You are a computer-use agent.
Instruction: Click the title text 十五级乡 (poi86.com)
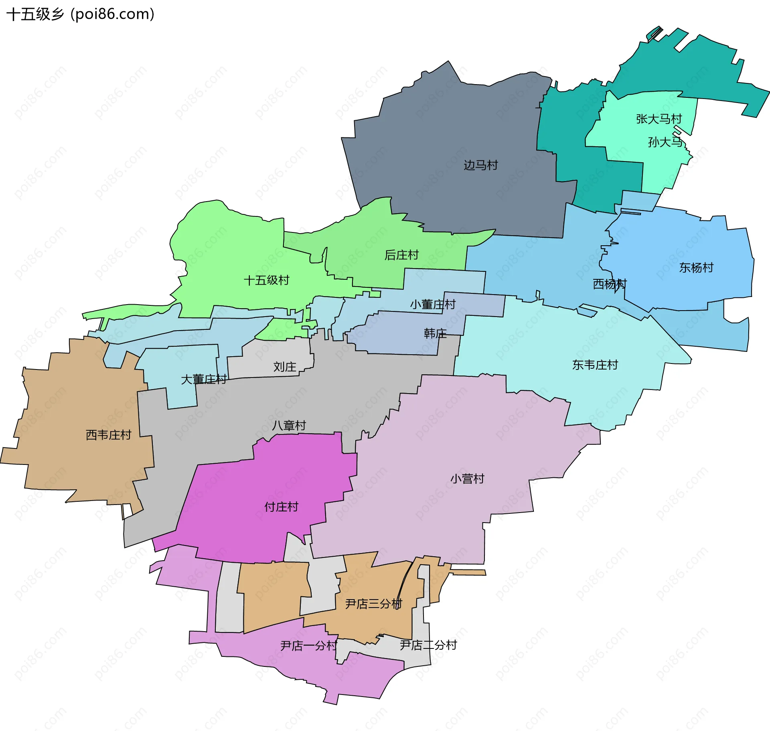click(80, 14)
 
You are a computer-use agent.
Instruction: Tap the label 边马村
click(480, 165)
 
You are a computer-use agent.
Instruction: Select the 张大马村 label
click(659, 119)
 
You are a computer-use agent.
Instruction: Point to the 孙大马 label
click(665, 142)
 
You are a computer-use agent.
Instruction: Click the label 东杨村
click(696, 268)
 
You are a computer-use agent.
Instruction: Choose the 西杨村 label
click(610, 284)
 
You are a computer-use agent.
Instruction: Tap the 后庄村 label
click(401, 255)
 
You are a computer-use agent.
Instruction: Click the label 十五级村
click(267, 280)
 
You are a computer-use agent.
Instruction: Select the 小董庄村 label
click(433, 305)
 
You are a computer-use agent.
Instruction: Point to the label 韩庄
click(435, 333)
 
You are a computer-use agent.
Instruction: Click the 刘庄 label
click(285, 367)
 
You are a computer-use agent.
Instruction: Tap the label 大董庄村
click(204, 379)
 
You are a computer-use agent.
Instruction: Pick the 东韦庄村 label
click(595, 365)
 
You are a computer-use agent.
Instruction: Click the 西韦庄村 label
click(109, 435)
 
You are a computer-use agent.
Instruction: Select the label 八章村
click(289, 425)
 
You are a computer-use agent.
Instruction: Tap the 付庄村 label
click(282, 507)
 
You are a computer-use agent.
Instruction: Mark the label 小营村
click(467, 479)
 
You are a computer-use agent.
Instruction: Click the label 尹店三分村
click(374, 604)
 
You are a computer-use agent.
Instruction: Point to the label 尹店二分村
click(428, 645)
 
